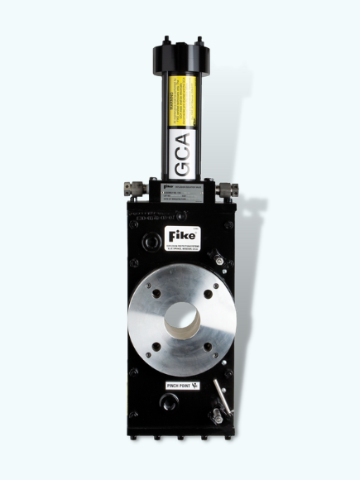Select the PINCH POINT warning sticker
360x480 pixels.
[180, 386]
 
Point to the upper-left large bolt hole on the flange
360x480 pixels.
[150, 292]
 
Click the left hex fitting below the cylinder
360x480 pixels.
[132, 189]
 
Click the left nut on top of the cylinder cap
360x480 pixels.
[166, 40]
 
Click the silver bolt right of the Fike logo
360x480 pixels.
[218, 259]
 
